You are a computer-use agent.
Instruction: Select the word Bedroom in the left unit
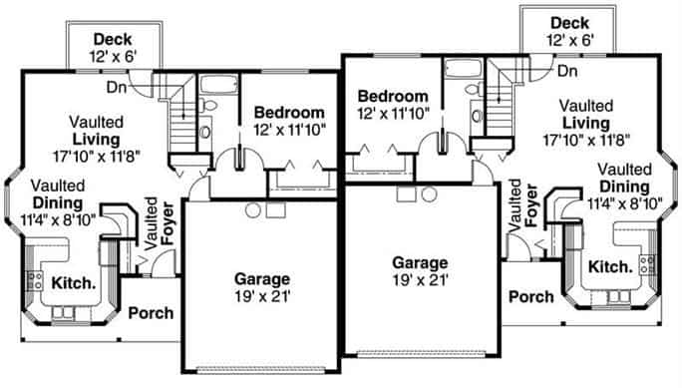click(x=289, y=112)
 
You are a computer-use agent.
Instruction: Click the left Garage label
click(x=261, y=278)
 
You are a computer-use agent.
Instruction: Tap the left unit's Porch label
click(x=151, y=312)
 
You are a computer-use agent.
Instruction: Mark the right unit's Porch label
click(x=530, y=296)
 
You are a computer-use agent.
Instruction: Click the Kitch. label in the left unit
click(x=74, y=282)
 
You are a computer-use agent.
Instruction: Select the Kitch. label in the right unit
click(x=609, y=266)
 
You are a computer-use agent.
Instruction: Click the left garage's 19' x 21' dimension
click(x=261, y=296)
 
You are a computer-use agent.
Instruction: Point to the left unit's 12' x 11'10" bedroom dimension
click(x=289, y=130)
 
